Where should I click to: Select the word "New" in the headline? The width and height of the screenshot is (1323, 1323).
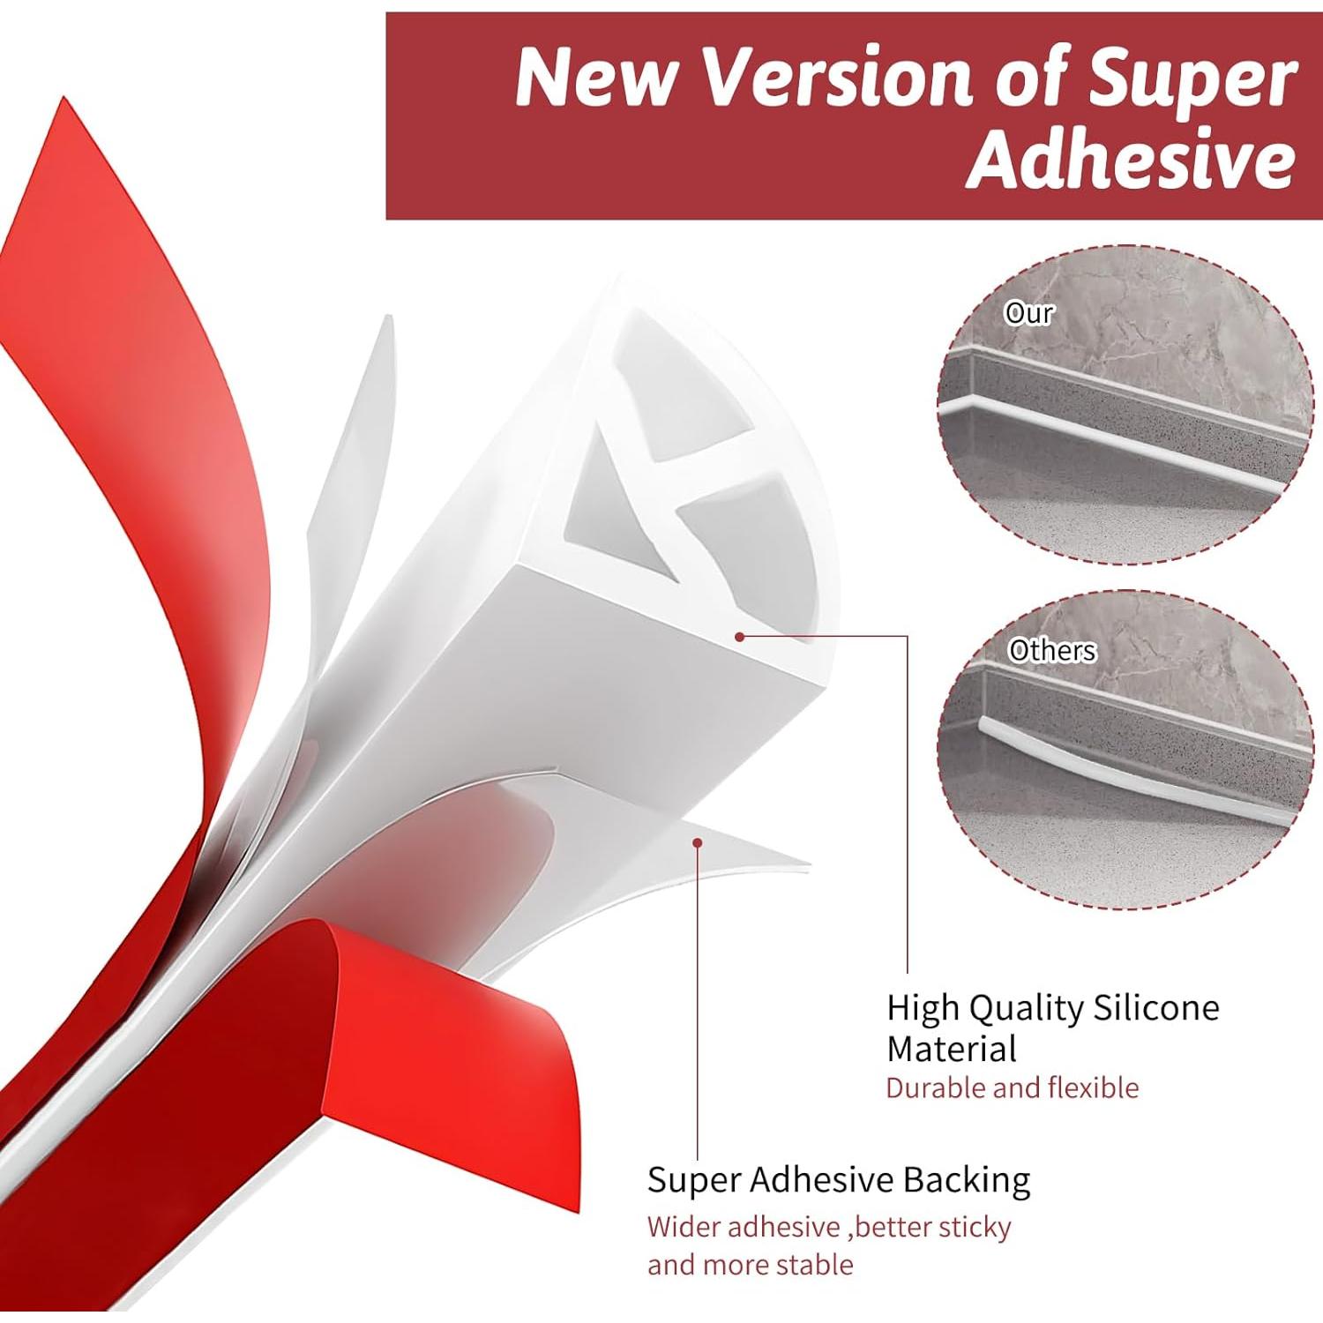pos(597,78)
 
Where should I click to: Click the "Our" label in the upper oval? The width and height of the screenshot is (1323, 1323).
pos(1028,313)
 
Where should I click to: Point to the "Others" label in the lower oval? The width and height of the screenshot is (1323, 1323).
pos(1051,651)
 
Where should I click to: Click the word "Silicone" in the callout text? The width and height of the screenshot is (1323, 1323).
pos(1156,1007)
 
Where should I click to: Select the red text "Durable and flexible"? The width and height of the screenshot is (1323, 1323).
pos(1012,1088)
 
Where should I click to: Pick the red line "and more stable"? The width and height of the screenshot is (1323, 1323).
pos(750,1265)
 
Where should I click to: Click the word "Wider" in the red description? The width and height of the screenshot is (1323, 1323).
pos(684,1227)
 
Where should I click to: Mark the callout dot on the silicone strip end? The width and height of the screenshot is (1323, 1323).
pos(740,636)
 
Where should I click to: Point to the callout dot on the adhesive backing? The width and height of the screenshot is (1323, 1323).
pos(697,843)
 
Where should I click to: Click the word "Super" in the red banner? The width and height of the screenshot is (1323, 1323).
pos(1192,78)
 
